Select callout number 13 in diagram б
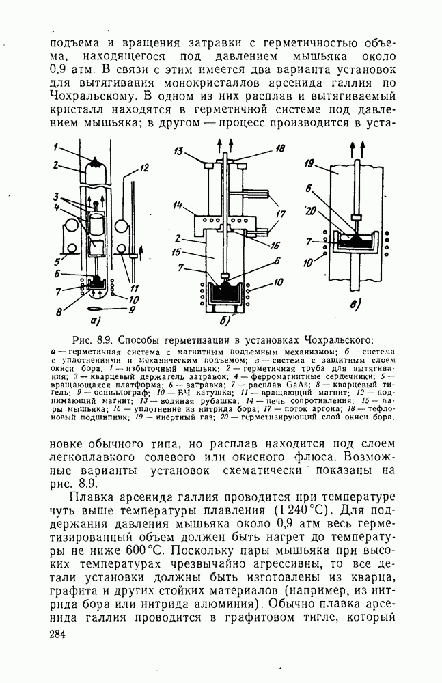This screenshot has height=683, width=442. [x=178, y=150]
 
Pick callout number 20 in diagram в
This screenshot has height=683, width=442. [x=312, y=212]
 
